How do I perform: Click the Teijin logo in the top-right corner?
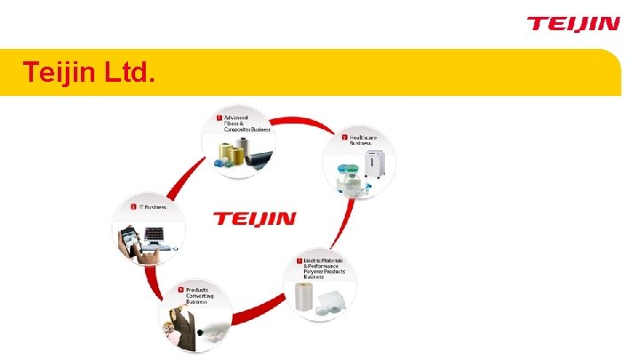point(572,23)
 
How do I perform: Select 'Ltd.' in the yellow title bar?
point(130,72)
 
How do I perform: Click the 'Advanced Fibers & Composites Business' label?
point(246,123)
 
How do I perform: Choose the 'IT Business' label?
point(152,207)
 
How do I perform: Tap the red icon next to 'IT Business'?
point(133,207)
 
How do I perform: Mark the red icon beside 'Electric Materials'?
point(300,260)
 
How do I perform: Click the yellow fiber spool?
point(237,157)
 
